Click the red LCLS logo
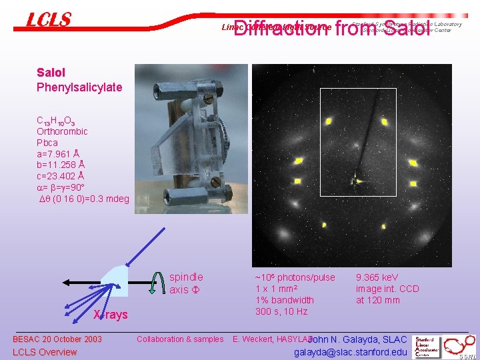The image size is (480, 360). coord(48,20)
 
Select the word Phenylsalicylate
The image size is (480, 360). coord(79,87)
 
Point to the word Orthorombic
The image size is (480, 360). coord(62,131)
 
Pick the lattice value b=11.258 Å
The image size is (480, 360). coord(60,165)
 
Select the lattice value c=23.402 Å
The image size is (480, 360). coord(60,176)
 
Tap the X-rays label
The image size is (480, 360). coord(110,315)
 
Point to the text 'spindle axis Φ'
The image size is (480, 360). coord(186,283)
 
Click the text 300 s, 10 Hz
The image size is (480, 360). coord(281,311)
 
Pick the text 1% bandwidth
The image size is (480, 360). coord(285,300)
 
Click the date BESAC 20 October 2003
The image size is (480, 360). coord(57,339)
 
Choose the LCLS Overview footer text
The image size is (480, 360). coord(45,352)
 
